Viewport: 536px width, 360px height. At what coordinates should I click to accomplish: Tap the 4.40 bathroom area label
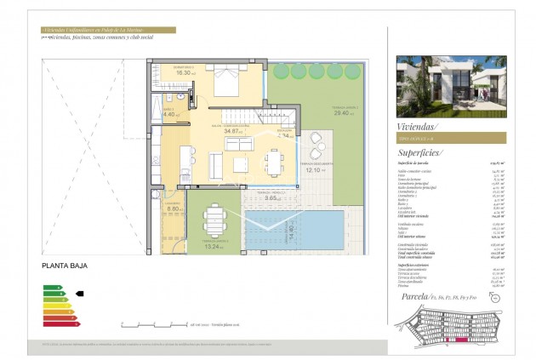point(168,114)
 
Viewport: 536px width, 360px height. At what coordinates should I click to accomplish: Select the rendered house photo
point(451,86)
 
